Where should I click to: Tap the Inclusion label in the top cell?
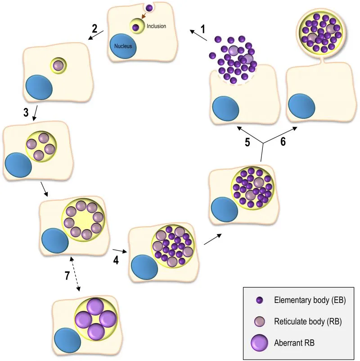coord(156,26)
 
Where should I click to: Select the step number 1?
coord(202,29)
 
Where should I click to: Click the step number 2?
coord(94,28)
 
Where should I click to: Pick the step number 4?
coord(116,260)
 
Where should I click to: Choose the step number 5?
coord(247,141)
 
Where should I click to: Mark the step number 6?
coord(283,141)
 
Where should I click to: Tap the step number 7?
coord(67,275)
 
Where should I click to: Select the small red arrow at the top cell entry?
coord(143,16)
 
